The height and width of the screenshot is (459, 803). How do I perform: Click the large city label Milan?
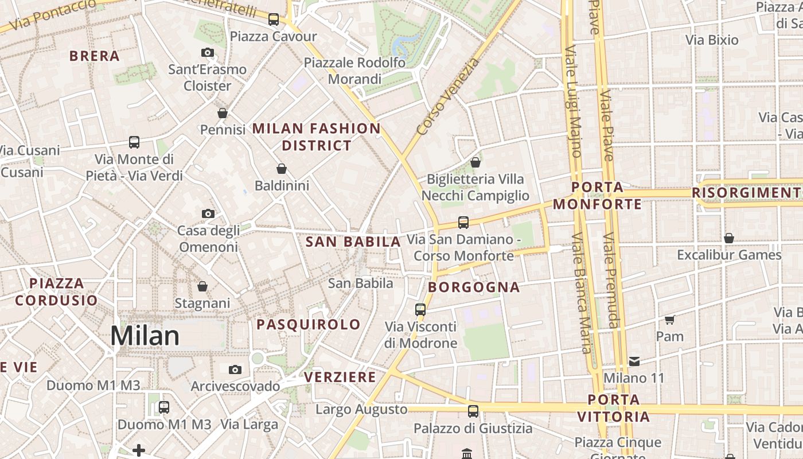coord(145,336)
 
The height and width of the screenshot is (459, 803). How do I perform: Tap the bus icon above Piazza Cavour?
coord(274,19)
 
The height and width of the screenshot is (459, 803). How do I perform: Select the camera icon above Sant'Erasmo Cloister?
coord(208,53)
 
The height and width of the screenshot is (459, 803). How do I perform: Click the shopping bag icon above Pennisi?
coord(223,113)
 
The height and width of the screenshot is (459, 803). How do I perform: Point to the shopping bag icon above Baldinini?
coord(282,169)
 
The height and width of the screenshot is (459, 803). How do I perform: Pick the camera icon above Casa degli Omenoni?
coord(208,214)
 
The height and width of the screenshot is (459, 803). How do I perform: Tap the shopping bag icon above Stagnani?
coord(202,286)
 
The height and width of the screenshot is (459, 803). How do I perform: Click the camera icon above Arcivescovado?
coord(235,369)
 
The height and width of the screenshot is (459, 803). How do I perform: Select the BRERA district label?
coord(95,56)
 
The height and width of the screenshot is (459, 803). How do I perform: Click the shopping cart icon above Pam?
coord(669,320)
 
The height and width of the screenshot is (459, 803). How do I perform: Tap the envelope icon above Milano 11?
coord(634,361)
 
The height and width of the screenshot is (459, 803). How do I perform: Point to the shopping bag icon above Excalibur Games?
coord(729,238)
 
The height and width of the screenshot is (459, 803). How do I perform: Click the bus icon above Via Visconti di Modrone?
coord(420,310)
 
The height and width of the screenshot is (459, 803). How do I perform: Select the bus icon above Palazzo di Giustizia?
coord(473,411)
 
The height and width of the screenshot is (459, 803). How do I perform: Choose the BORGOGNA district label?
coord(474,287)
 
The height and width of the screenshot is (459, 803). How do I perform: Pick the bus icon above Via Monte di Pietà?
coord(134,142)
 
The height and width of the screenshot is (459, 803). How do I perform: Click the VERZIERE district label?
coord(340,377)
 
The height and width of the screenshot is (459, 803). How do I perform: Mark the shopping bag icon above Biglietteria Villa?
coord(475,162)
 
